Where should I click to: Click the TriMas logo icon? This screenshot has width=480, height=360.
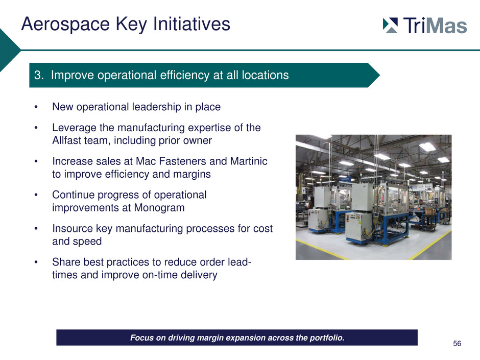click(x=390, y=25)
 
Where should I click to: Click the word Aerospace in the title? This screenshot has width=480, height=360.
click(x=65, y=24)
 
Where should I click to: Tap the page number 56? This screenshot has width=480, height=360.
click(x=457, y=344)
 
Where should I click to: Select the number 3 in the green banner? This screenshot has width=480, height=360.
click(x=38, y=75)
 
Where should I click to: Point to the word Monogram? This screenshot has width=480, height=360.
click(x=159, y=208)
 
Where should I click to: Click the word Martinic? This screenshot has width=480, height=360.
click(x=249, y=161)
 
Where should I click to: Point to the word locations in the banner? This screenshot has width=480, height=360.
click(x=265, y=75)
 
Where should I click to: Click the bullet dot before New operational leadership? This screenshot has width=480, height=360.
click(x=36, y=107)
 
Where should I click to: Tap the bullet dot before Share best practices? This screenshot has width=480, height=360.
click(x=36, y=262)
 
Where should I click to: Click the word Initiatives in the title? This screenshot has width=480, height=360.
click(x=191, y=24)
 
